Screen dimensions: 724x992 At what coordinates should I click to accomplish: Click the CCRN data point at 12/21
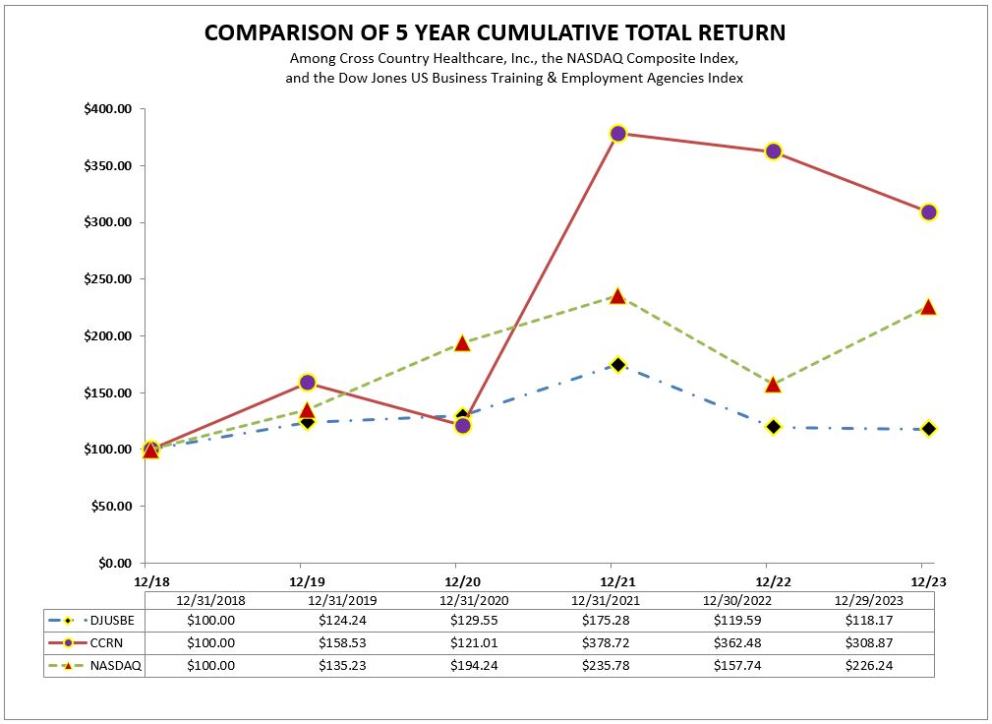(617, 134)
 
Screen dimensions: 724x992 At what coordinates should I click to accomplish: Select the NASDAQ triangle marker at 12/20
(462, 343)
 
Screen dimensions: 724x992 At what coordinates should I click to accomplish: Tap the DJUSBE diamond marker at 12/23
(928, 429)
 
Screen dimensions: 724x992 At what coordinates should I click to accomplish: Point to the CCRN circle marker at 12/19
(307, 383)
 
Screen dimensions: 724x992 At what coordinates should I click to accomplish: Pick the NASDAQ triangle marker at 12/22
(773, 384)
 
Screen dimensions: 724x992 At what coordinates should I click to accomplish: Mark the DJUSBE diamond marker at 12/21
(617, 365)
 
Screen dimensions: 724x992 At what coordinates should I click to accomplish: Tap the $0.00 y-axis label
(114, 564)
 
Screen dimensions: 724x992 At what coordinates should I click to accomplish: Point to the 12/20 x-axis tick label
(455, 580)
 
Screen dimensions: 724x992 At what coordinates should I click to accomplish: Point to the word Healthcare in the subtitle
(455, 59)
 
